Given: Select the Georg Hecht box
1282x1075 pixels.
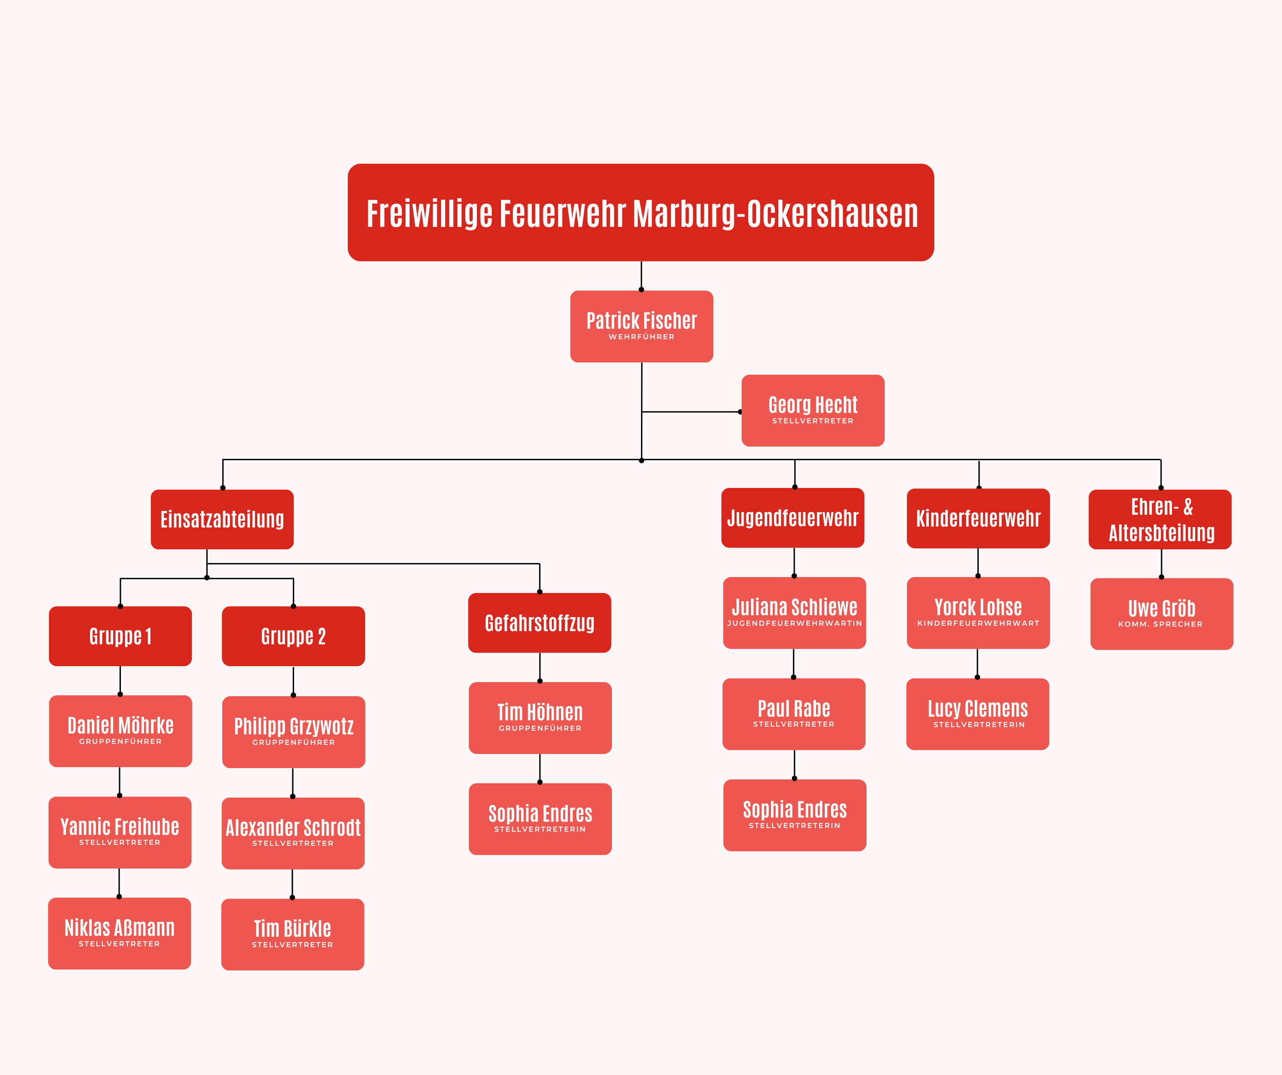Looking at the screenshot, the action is pyautogui.click(x=812, y=411).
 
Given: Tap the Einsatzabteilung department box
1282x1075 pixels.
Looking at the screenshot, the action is pyautogui.click(x=222, y=519).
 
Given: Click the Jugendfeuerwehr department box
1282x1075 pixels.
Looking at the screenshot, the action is pyautogui.click(x=792, y=518).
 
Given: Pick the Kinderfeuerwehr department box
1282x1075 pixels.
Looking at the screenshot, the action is pyautogui.click(x=978, y=518).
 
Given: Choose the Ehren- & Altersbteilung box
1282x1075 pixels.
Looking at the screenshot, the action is pyautogui.click(x=1160, y=520).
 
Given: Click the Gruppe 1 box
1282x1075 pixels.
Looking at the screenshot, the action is pyautogui.click(x=120, y=636).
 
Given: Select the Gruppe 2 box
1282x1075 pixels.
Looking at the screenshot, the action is pyautogui.click(x=293, y=636).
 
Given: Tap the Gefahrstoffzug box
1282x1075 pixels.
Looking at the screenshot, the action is pyautogui.click(x=540, y=623).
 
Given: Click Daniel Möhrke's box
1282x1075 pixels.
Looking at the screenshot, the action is pyautogui.click(x=120, y=731).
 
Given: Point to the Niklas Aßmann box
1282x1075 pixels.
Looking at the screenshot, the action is pyautogui.click(x=120, y=933).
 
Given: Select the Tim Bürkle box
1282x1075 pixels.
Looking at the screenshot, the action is pyautogui.click(x=292, y=934).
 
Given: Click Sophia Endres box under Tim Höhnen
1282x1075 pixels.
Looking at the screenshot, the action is pyautogui.click(x=540, y=819).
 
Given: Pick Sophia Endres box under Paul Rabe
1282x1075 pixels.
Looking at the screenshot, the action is pyautogui.click(x=795, y=815).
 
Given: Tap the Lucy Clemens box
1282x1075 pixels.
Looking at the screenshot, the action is pyautogui.click(x=978, y=714).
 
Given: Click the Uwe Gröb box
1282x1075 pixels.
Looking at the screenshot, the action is pyautogui.click(x=1162, y=614).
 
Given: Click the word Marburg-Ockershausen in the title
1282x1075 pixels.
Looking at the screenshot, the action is pyautogui.click(x=775, y=214).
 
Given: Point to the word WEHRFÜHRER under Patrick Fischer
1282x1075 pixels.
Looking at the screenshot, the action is pyautogui.click(x=641, y=337).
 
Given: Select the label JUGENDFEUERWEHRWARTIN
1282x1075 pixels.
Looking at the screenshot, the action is pyautogui.click(x=795, y=623).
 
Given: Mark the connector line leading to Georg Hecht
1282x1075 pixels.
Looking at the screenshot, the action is pyautogui.click(x=691, y=412).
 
